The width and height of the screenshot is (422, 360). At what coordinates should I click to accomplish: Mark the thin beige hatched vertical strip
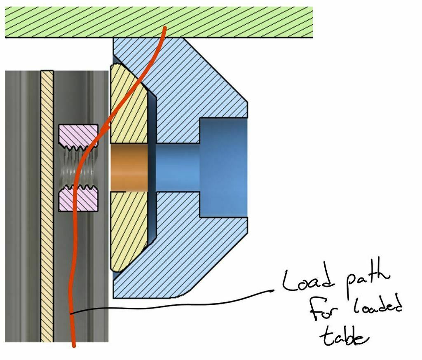click(47, 206)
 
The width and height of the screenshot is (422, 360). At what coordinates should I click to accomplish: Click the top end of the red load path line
click(165, 28)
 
